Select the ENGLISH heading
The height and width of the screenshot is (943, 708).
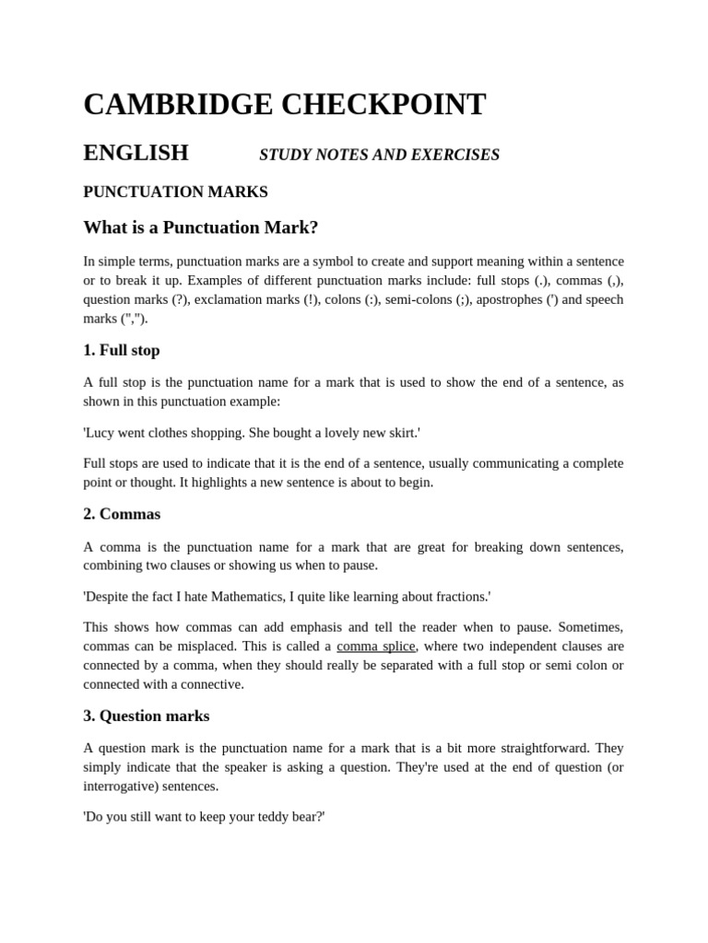(x=136, y=153)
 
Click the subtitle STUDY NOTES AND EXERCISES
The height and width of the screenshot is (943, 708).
(x=379, y=155)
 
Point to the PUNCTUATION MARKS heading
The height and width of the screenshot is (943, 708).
(x=175, y=192)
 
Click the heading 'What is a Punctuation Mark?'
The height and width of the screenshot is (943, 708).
(x=200, y=227)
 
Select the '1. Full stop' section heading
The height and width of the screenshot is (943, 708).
(x=121, y=350)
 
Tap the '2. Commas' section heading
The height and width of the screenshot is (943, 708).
(x=121, y=514)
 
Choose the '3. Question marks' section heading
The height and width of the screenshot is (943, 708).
(x=146, y=716)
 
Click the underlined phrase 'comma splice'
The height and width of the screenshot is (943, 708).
(x=375, y=646)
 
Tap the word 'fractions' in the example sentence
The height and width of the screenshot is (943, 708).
(x=458, y=597)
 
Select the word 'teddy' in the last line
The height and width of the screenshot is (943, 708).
(x=260, y=816)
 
